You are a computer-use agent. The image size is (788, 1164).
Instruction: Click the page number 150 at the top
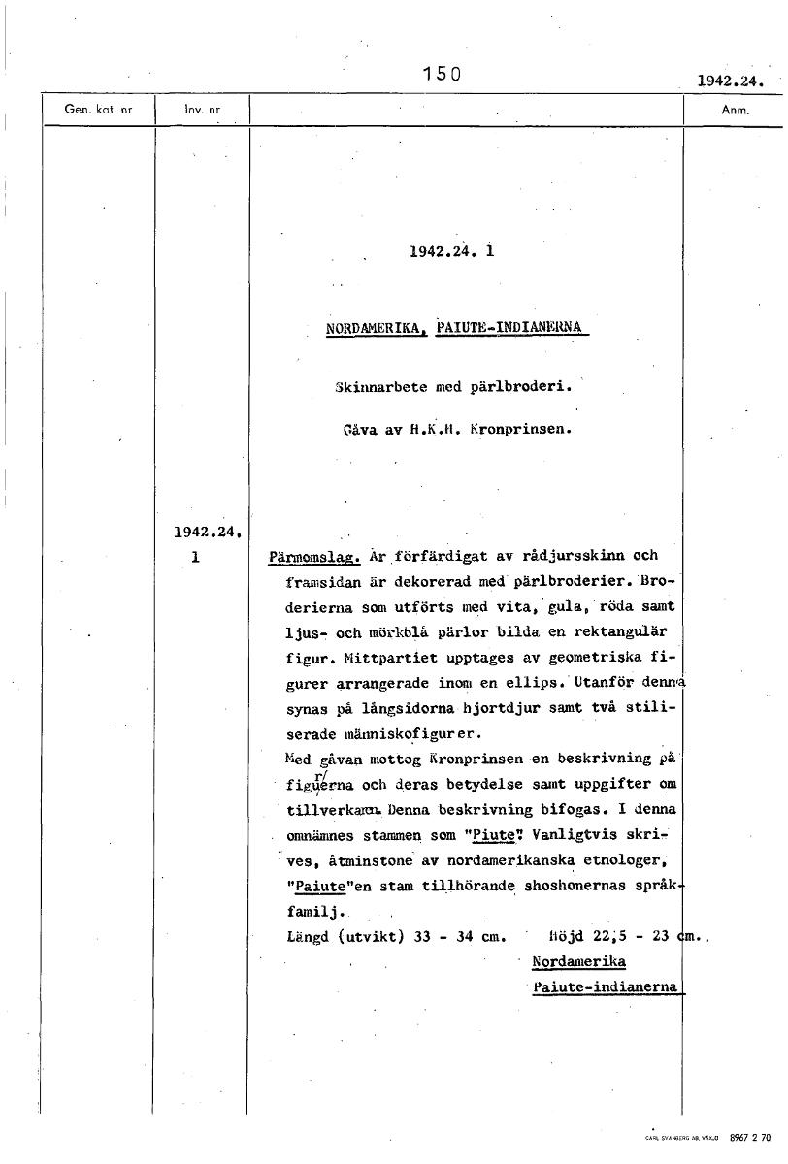tap(441, 73)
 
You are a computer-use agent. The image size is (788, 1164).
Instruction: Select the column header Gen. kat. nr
tap(97, 110)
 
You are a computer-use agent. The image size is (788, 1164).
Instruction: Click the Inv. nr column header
tap(203, 110)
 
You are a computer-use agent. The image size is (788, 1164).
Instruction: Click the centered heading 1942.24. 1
tap(452, 251)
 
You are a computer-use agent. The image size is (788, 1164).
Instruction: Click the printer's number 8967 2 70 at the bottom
tap(749, 1136)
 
